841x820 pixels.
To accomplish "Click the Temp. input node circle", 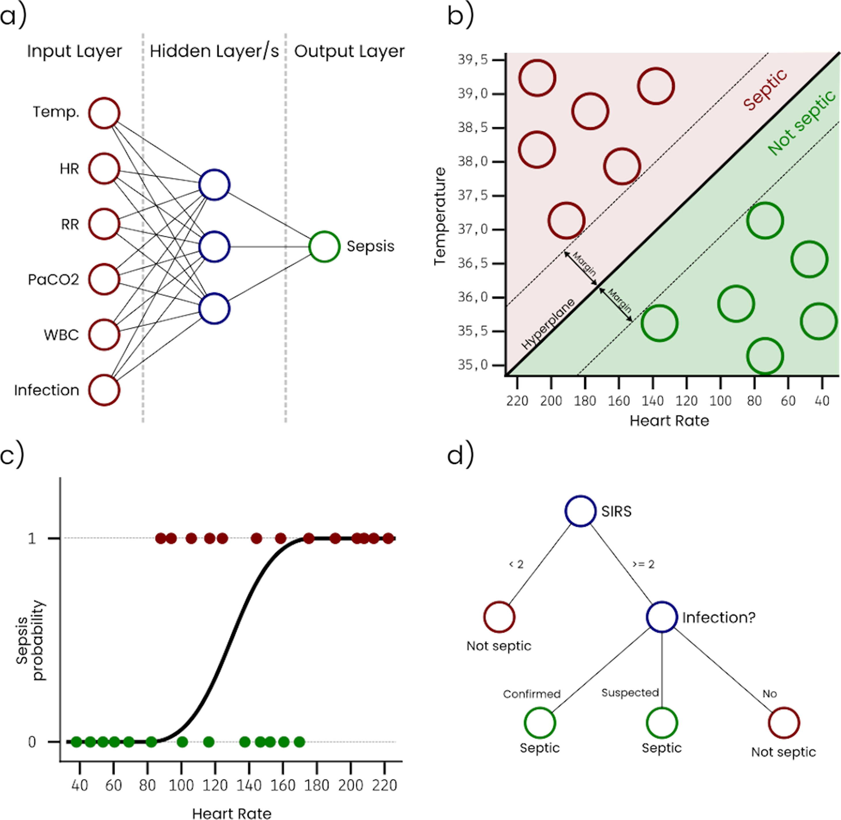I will [x=104, y=113].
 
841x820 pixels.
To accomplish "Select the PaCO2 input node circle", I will [x=104, y=279].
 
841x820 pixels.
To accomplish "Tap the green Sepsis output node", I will [x=324, y=247].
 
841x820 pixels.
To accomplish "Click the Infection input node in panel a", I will [x=104, y=390].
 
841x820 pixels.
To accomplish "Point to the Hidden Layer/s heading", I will [x=214, y=51].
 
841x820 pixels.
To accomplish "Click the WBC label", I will [x=61, y=335].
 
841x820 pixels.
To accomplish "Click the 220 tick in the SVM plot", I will [x=517, y=401].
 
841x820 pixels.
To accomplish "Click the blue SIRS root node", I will [x=581, y=511].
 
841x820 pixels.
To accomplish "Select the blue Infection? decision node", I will [x=662, y=617].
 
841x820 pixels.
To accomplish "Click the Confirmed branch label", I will [x=532, y=694].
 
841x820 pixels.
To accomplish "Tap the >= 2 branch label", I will [x=644, y=564].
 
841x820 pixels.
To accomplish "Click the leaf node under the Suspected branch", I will [x=662, y=723].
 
